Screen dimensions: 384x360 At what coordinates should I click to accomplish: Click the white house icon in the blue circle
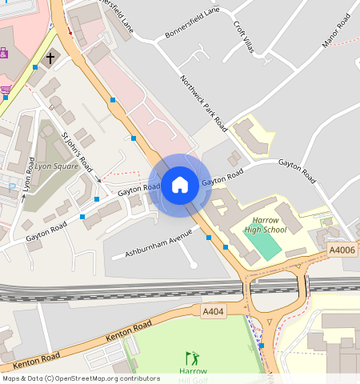tap(180, 186)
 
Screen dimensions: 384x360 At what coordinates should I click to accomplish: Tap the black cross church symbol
tap(50, 58)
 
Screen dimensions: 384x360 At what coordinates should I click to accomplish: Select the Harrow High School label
tap(265, 225)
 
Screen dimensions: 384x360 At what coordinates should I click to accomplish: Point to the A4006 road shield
tap(342, 250)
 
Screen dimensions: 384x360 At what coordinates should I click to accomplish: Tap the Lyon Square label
tap(56, 166)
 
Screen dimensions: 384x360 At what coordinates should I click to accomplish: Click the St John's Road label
tap(77, 152)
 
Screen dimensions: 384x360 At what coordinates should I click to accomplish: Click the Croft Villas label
tap(243, 38)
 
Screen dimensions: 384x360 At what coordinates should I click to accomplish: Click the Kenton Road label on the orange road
tap(129, 331)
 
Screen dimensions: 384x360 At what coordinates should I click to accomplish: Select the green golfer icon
tap(191, 358)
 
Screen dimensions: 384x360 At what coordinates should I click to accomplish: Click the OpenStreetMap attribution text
tap(81, 378)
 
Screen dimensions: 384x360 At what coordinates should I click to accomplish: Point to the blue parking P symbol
tap(11, 187)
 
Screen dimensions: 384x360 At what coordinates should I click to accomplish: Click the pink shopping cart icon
tap(6, 89)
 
